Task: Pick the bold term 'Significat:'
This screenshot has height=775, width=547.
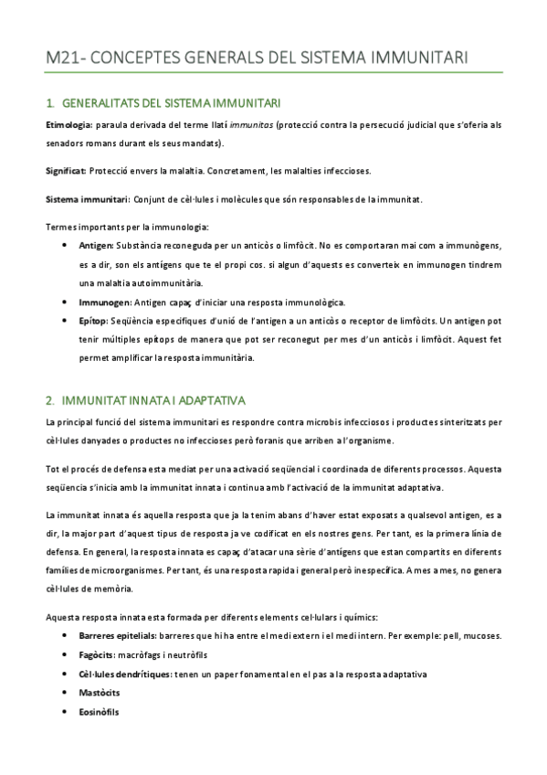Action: coord(66,171)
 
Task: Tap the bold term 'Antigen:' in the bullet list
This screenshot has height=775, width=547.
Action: coord(97,247)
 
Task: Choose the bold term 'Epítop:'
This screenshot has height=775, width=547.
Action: coord(94,321)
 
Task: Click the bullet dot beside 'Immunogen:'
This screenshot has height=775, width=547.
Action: coord(62,302)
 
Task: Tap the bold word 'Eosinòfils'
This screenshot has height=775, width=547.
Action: coord(100,712)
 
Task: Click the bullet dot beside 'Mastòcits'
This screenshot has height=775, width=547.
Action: coord(62,693)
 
